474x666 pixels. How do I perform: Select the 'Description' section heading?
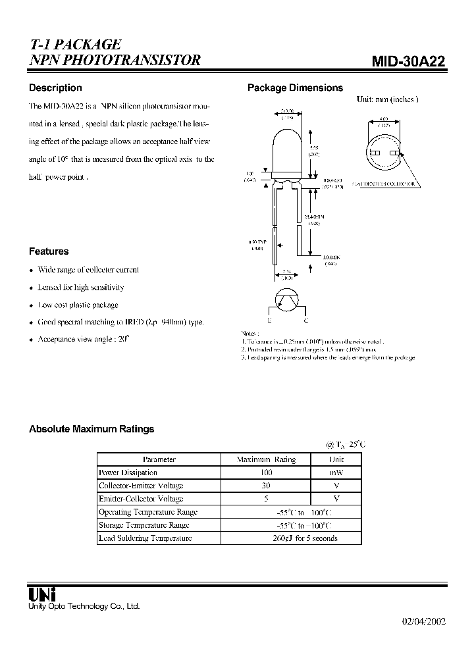click(x=55, y=88)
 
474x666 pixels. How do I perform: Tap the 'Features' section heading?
click(x=49, y=251)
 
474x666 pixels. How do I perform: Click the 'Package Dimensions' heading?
click(x=295, y=88)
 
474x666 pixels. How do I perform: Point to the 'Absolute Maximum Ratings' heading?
click(x=92, y=428)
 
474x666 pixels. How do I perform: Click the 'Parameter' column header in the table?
click(x=159, y=459)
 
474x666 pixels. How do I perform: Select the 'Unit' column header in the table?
click(x=336, y=459)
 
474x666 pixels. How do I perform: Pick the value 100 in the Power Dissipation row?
click(x=266, y=473)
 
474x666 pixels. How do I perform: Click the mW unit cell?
click(x=336, y=473)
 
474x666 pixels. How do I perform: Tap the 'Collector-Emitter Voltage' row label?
click(x=140, y=485)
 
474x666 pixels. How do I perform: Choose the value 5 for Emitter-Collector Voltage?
click(x=266, y=498)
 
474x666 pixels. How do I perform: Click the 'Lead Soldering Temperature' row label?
click(x=145, y=538)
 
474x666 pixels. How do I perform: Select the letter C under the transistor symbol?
click(x=305, y=321)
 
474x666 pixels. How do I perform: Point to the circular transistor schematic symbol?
click(x=287, y=300)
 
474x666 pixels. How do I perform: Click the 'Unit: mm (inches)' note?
click(x=386, y=99)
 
